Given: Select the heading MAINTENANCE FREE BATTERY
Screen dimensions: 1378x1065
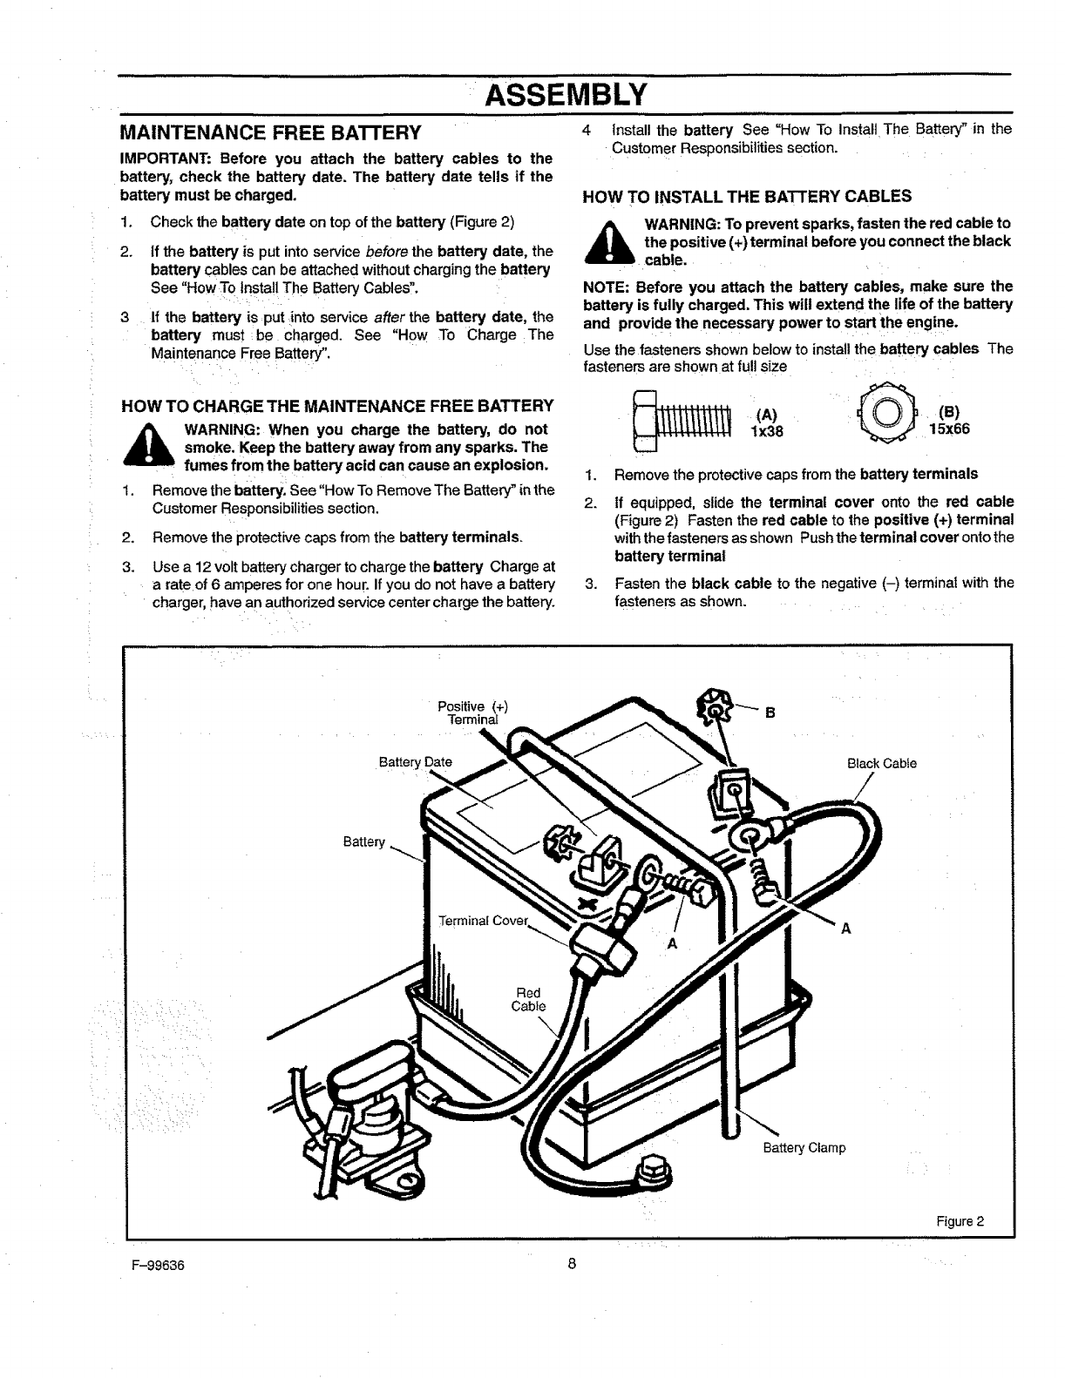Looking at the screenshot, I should (x=270, y=132).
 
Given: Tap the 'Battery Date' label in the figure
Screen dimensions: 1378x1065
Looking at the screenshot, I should (x=415, y=762).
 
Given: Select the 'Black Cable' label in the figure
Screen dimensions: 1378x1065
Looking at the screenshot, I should (x=881, y=764).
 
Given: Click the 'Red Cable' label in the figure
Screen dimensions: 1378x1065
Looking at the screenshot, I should (x=528, y=999).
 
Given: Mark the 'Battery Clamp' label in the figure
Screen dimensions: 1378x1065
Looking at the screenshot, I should (x=804, y=1147).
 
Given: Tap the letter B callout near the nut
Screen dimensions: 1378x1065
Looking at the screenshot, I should (x=770, y=713).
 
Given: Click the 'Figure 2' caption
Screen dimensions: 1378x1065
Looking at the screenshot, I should (x=960, y=1220).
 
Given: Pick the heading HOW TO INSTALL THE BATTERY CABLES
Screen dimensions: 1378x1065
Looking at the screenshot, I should (x=747, y=196).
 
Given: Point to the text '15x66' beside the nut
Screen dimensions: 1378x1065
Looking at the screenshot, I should (x=949, y=429).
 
